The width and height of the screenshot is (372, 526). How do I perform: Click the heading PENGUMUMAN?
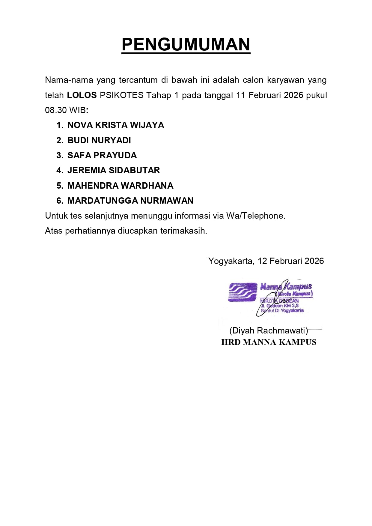point(186,44)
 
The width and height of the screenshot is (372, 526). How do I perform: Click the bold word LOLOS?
point(82,95)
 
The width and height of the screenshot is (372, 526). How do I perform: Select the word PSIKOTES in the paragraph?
point(122,95)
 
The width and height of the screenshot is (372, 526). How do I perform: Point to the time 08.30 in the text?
point(56,110)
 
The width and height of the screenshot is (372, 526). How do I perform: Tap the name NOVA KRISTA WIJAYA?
point(116,125)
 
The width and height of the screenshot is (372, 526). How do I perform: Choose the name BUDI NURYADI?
point(99,140)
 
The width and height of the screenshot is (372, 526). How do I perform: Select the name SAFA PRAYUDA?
point(102,155)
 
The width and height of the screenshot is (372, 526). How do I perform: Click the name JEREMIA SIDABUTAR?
point(114,170)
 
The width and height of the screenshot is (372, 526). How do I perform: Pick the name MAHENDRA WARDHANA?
point(121,186)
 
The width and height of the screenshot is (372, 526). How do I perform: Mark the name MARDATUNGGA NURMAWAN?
point(130,201)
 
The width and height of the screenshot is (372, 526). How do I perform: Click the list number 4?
point(59,170)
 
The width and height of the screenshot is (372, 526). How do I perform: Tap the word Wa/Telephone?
point(256,216)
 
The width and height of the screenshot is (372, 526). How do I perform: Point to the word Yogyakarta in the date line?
point(231,261)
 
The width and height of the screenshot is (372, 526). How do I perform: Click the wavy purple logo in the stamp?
point(243,292)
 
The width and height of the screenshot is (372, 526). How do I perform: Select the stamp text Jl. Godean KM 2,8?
point(280,306)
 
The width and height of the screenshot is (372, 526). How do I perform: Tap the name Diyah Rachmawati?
point(269,330)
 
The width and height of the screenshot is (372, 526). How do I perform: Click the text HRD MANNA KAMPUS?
point(269,342)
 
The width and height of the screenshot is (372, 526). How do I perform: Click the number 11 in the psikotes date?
point(241,95)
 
